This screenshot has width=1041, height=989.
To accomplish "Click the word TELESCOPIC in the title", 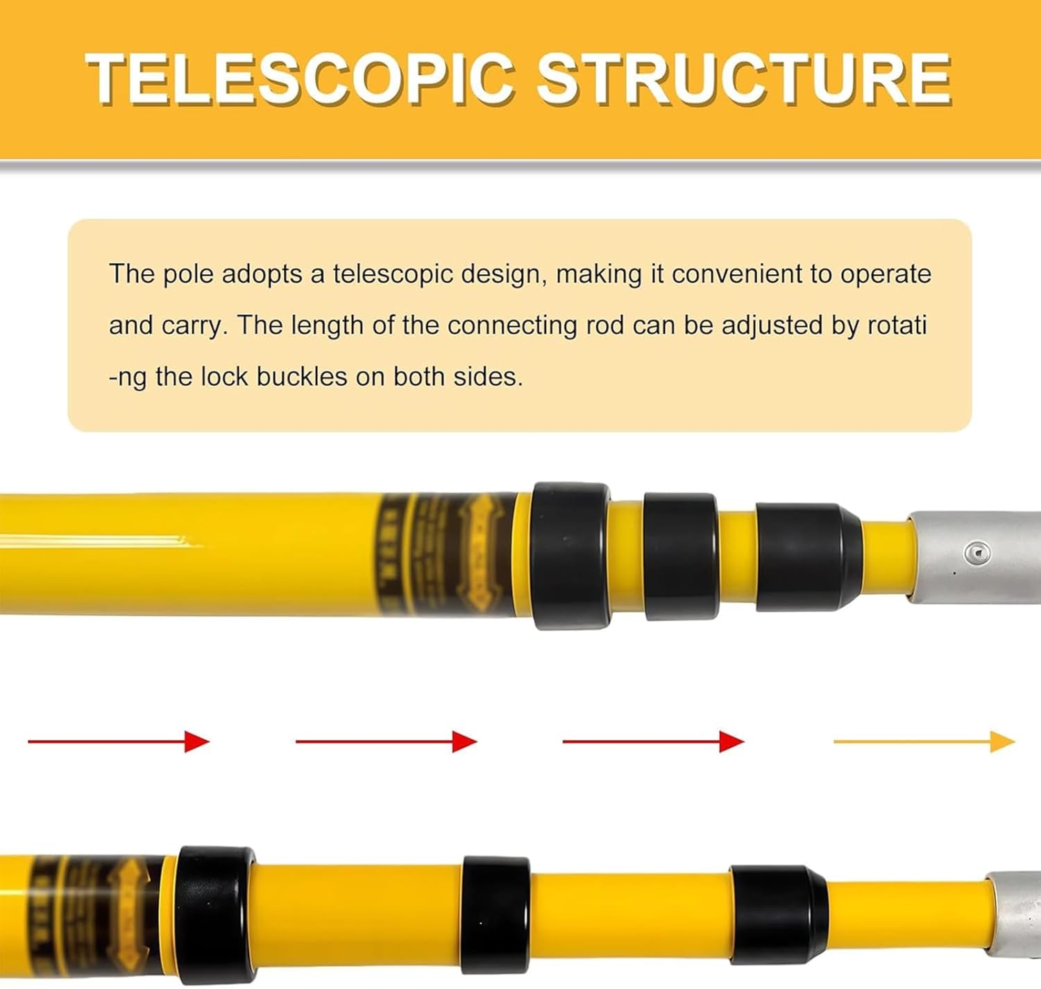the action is (x=300, y=78).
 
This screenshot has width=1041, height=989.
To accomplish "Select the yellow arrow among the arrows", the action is (x=923, y=741).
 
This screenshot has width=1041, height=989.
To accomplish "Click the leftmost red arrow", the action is (x=118, y=741).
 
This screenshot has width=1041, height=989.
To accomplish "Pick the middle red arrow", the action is (x=386, y=741).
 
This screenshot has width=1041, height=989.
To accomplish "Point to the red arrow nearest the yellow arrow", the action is (x=652, y=741).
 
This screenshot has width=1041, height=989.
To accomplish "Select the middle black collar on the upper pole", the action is (x=680, y=557).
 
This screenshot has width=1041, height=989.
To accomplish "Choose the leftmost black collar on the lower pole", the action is (x=214, y=915).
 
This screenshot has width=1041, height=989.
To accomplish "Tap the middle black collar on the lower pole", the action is (x=496, y=915).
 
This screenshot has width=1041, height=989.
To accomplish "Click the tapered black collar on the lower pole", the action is (x=778, y=915).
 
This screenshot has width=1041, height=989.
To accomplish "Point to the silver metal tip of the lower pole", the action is (x=1015, y=916).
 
